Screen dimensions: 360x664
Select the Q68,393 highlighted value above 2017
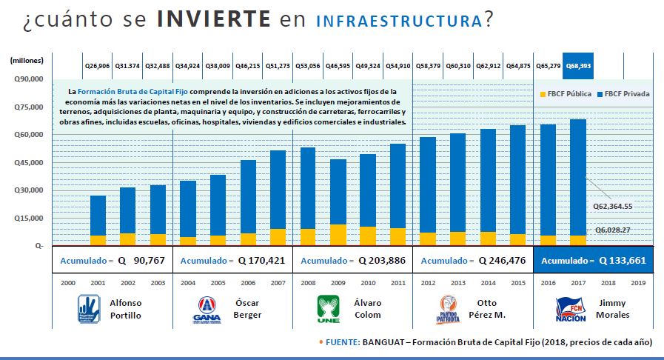pos(577,66)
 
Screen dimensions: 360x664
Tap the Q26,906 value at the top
pos(97,66)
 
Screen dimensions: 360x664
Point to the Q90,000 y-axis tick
pos(29,79)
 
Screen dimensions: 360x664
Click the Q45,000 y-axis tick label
pos(29,162)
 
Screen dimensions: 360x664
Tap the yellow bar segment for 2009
pos(338,234)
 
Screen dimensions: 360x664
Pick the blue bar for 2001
pos(98,215)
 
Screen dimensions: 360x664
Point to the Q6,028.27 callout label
pos(612,230)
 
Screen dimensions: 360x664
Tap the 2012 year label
pos(429,283)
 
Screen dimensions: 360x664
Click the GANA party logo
pos(207,307)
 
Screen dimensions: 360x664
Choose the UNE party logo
pos(327,307)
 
